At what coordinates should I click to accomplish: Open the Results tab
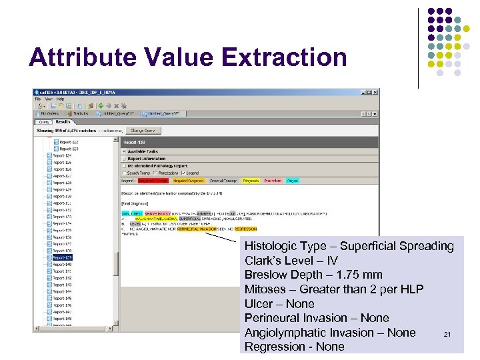click(63, 122)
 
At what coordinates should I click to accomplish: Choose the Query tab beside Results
click(45, 122)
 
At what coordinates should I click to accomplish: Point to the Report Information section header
click(144, 159)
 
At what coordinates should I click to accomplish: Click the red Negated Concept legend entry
click(153, 181)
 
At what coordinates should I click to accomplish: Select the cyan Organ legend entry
click(292, 181)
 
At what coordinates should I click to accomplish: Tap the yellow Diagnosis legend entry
click(251, 181)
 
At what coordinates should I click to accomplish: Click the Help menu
click(60, 99)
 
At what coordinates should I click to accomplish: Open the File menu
click(39, 99)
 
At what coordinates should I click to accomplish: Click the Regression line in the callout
click(294, 347)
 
